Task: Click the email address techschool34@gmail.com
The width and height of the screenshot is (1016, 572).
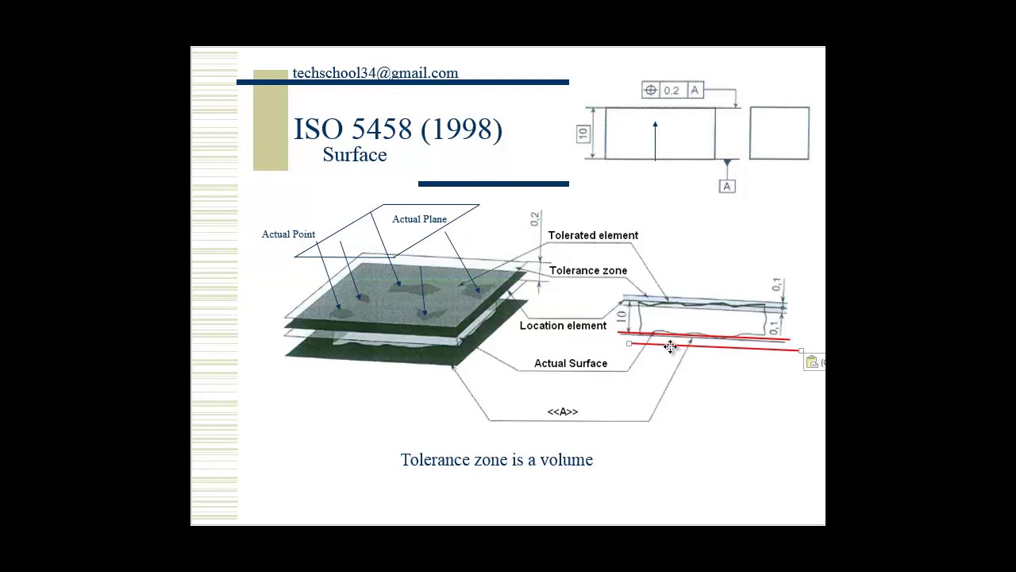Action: [x=375, y=73]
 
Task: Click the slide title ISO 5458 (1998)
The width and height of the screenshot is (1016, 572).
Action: [x=398, y=129]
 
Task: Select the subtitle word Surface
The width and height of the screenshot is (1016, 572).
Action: [x=354, y=155]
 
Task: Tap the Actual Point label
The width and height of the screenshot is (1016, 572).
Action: [x=288, y=234]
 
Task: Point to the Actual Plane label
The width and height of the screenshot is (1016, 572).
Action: [x=419, y=219]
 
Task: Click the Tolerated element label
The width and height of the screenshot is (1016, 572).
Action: [x=593, y=235]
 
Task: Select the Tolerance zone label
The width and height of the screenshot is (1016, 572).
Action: [x=587, y=271]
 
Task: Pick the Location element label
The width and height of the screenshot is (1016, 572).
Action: [x=563, y=326]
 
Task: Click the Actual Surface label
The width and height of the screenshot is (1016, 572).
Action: [x=570, y=364]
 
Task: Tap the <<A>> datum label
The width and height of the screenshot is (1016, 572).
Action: [x=562, y=412]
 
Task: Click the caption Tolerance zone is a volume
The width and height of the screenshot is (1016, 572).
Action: [x=496, y=460]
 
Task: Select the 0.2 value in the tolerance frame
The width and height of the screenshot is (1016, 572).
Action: [x=672, y=91]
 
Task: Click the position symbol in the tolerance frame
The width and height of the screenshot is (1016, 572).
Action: [x=651, y=91]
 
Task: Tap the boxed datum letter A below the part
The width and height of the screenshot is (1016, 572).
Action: [x=726, y=186]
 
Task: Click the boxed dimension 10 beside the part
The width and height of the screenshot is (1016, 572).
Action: [x=583, y=133]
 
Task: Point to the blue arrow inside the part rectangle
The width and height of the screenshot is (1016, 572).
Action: [x=655, y=140]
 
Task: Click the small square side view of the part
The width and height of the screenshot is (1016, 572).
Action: [x=779, y=133]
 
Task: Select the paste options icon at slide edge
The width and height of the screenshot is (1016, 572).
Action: [x=812, y=362]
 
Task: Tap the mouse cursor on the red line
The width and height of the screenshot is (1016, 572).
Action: [x=671, y=346]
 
